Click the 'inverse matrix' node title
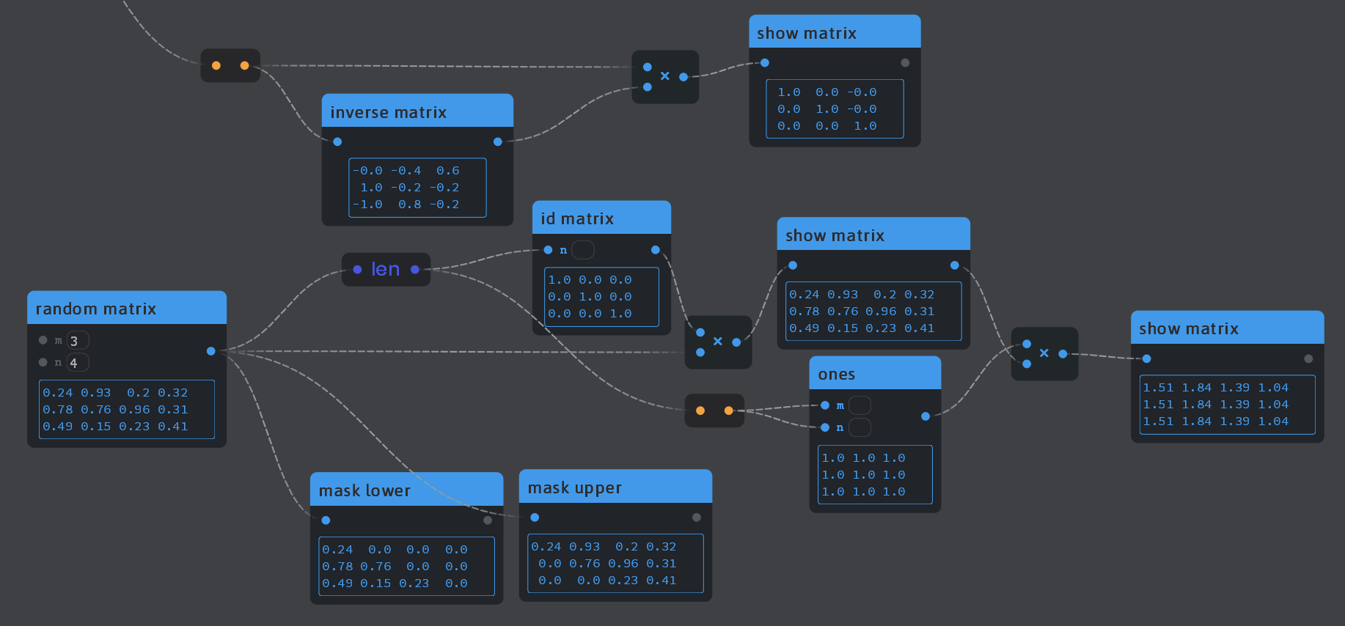[x=388, y=112]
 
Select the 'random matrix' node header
[x=95, y=309]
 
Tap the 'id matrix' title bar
[x=577, y=218]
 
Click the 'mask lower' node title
[x=364, y=490]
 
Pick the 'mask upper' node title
[x=574, y=487]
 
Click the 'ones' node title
[x=836, y=374]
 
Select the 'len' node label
[x=386, y=269]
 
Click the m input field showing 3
[x=78, y=341]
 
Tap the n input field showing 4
[x=78, y=363]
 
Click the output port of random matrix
[x=211, y=351]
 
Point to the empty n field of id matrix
[x=583, y=250]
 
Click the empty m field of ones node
[x=860, y=405]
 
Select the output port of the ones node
[x=926, y=416]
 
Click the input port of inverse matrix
[x=337, y=141]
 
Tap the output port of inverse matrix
[x=498, y=141]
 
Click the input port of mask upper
[x=535, y=518]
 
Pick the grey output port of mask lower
[x=488, y=520]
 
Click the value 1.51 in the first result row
[x=1158, y=388]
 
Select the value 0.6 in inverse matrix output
[x=447, y=171]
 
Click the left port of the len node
[x=357, y=270]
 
